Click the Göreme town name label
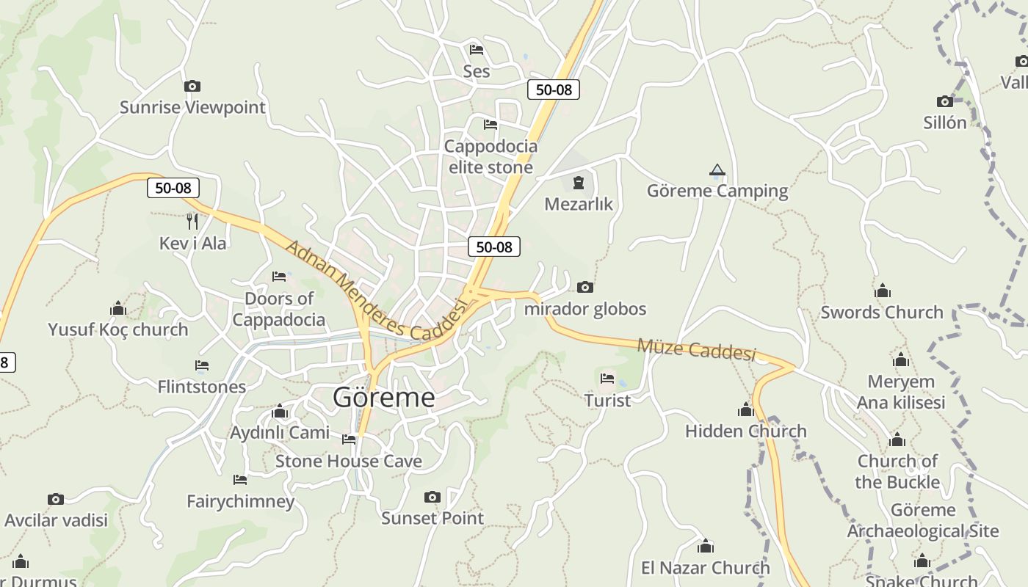[383, 398]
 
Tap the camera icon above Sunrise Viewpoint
[192, 87]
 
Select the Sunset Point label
[432, 518]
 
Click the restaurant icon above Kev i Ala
[192, 221]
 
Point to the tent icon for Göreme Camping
[717, 171]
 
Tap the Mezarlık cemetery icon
[579, 182]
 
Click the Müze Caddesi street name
[696, 349]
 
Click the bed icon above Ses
[477, 50]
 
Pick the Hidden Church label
[746, 431]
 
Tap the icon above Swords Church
[882, 291]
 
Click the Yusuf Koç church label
[118, 330]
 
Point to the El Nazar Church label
[706, 568]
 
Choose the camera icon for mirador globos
[585, 287]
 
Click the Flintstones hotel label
[202, 387]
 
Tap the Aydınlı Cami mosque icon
[279, 412]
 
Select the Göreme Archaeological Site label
[923, 521]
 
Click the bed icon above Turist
[607, 379]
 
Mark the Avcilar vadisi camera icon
[56, 500]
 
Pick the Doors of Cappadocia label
[279, 309]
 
